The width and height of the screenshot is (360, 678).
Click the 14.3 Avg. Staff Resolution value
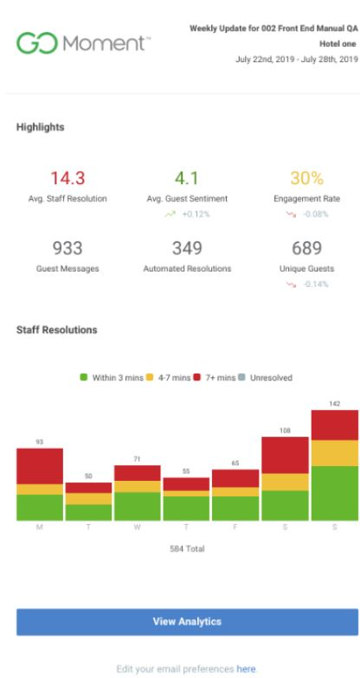tap(67, 179)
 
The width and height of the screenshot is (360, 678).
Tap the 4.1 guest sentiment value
tap(187, 179)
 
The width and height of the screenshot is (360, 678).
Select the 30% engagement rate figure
tap(306, 179)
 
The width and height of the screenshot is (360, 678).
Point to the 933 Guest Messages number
tap(67, 249)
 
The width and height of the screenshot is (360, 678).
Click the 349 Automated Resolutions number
tap(187, 249)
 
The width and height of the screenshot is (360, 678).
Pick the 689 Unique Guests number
tap(306, 249)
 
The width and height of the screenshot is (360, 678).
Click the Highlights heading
tap(39, 126)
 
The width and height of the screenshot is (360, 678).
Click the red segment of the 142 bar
tap(334, 425)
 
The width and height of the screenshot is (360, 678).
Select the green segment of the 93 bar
tap(40, 507)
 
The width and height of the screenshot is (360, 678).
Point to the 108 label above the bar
tap(285, 430)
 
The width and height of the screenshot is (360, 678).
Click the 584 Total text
tap(187, 548)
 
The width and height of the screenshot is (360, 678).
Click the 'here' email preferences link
tap(249, 668)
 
